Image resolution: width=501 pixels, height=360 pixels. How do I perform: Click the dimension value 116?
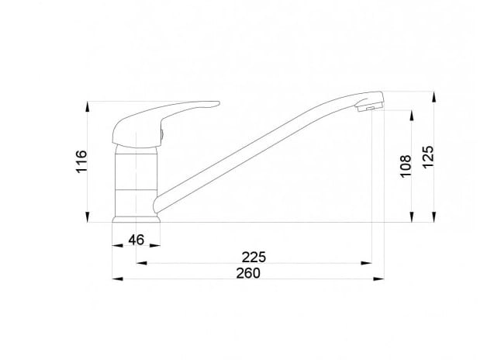click(81, 161)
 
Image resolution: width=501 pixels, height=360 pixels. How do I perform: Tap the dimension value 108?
click(406, 166)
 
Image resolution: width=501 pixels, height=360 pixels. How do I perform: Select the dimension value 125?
click(428, 156)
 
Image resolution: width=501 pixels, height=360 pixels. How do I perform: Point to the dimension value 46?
click(136, 240)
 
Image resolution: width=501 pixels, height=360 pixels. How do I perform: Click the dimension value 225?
click(254, 257)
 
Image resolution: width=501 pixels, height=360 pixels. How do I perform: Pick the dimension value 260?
click(248, 273)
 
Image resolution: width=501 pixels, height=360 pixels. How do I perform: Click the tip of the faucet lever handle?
click(219, 103)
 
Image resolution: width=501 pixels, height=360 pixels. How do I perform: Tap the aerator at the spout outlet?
click(370, 108)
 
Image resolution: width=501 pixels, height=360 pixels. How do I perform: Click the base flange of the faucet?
click(136, 220)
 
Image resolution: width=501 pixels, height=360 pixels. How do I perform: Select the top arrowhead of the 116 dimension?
click(87, 107)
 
